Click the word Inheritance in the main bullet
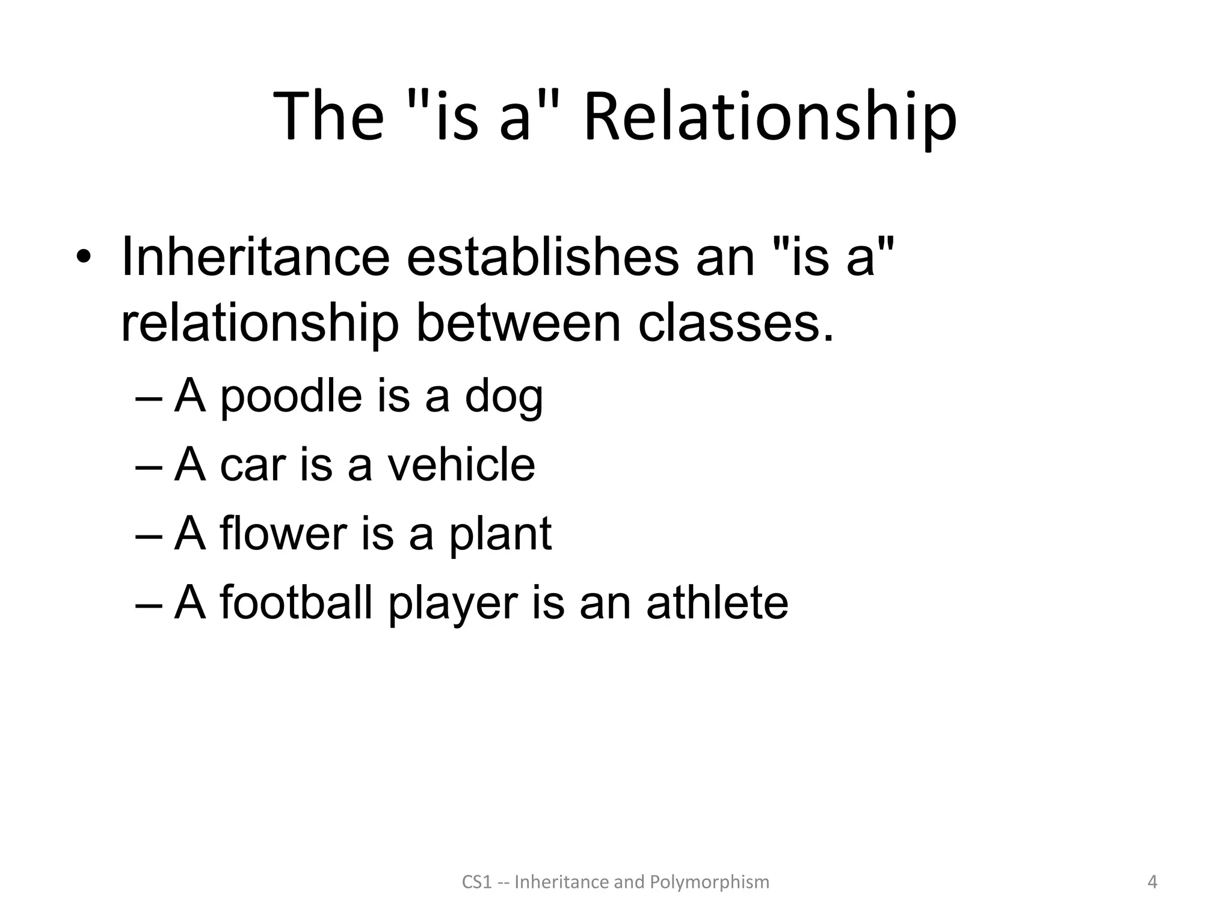256,257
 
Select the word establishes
543,257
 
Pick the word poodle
292,397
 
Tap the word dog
504,397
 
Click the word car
252,465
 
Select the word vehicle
460,465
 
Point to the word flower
283,534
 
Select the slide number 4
1152,882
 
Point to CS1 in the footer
476,882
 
